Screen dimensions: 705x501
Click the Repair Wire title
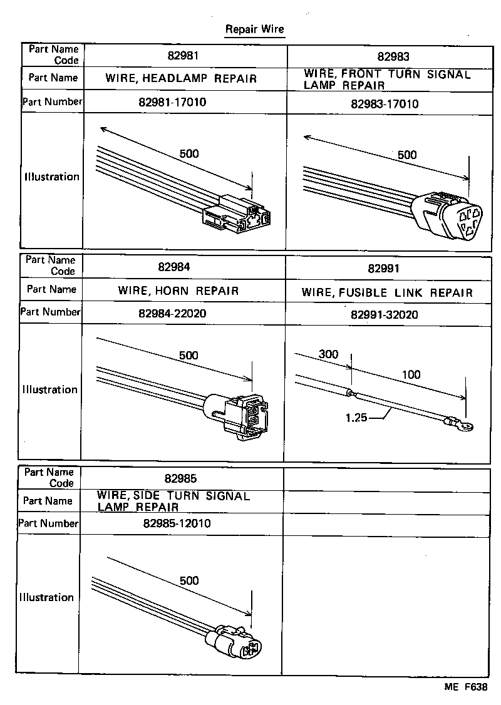(254, 29)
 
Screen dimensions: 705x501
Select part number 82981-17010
(182, 102)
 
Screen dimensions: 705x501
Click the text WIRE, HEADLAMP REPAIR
(181, 79)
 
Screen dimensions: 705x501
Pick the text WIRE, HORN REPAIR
(178, 291)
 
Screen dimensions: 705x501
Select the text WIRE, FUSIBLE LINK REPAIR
(387, 292)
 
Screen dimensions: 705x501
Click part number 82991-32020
(385, 314)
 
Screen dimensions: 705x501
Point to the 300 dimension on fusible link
(328, 354)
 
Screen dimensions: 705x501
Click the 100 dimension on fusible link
(411, 374)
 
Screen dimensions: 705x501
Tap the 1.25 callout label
(355, 416)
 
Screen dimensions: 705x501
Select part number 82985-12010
(177, 523)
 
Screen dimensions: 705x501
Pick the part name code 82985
(181, 479)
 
